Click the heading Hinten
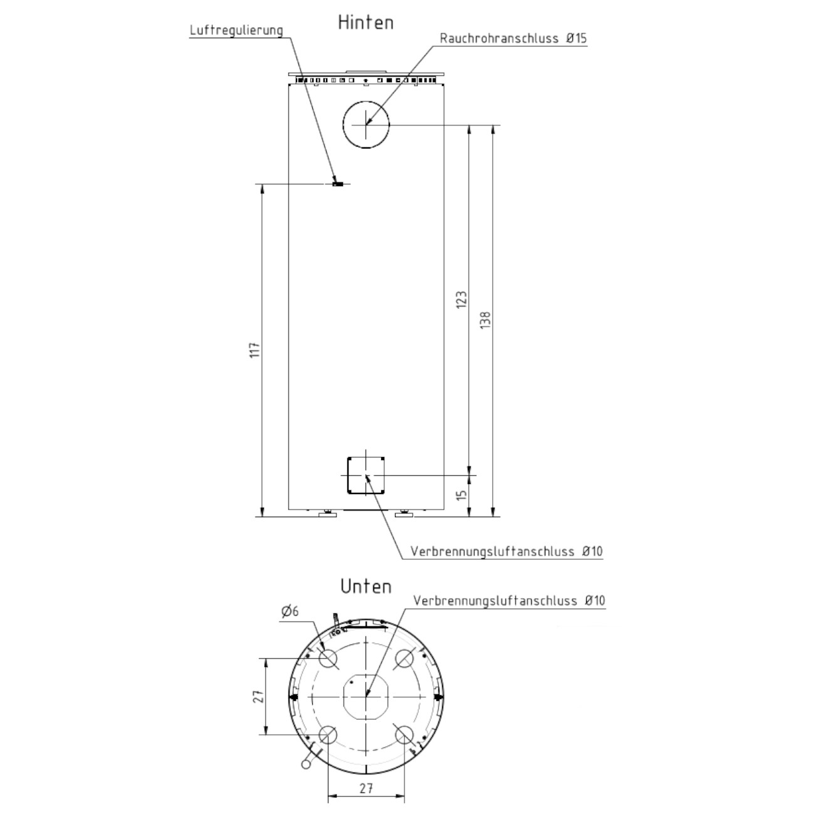pos(366,23)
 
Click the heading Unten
pos(366,587)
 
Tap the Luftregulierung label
pos(236,31)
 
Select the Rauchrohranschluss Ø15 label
pos(513,38)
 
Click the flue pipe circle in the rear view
pos(366,102)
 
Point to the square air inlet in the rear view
pos(348,475)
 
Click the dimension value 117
pos(255,350)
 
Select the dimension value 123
pos(461,300)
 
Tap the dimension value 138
pos(485,320)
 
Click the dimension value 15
pos(462,495)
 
